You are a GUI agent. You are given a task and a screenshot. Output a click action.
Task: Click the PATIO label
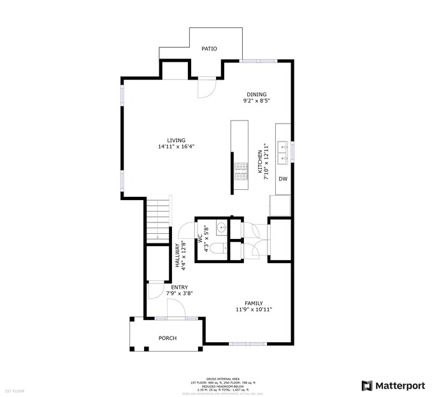coord(209,48)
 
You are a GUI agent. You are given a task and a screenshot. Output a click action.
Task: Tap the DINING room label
coord(257,94)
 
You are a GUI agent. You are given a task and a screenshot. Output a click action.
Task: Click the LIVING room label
coord(176,140)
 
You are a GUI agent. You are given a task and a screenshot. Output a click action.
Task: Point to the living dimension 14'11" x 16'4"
coord(176,147)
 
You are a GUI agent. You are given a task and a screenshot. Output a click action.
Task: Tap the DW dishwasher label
coord(283,179)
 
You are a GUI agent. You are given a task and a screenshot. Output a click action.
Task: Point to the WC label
coord(200,240)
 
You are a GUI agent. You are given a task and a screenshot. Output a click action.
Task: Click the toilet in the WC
coord(217,249)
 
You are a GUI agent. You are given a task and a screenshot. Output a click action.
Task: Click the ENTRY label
coord(179,287)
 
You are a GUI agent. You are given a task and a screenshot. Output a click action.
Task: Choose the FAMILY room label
coord(254,303)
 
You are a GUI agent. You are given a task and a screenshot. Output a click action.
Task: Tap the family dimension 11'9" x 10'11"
coord(254,310)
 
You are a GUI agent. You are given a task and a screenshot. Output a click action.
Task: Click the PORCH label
coord(168,338)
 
